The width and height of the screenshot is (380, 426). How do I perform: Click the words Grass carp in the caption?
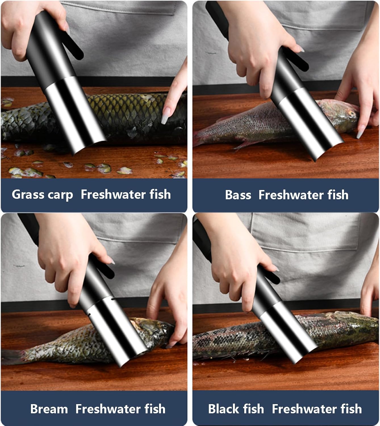42,195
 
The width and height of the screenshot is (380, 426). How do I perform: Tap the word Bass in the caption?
238,195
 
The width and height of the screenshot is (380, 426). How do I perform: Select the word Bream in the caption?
49,409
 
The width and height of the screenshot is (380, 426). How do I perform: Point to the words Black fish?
236,409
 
